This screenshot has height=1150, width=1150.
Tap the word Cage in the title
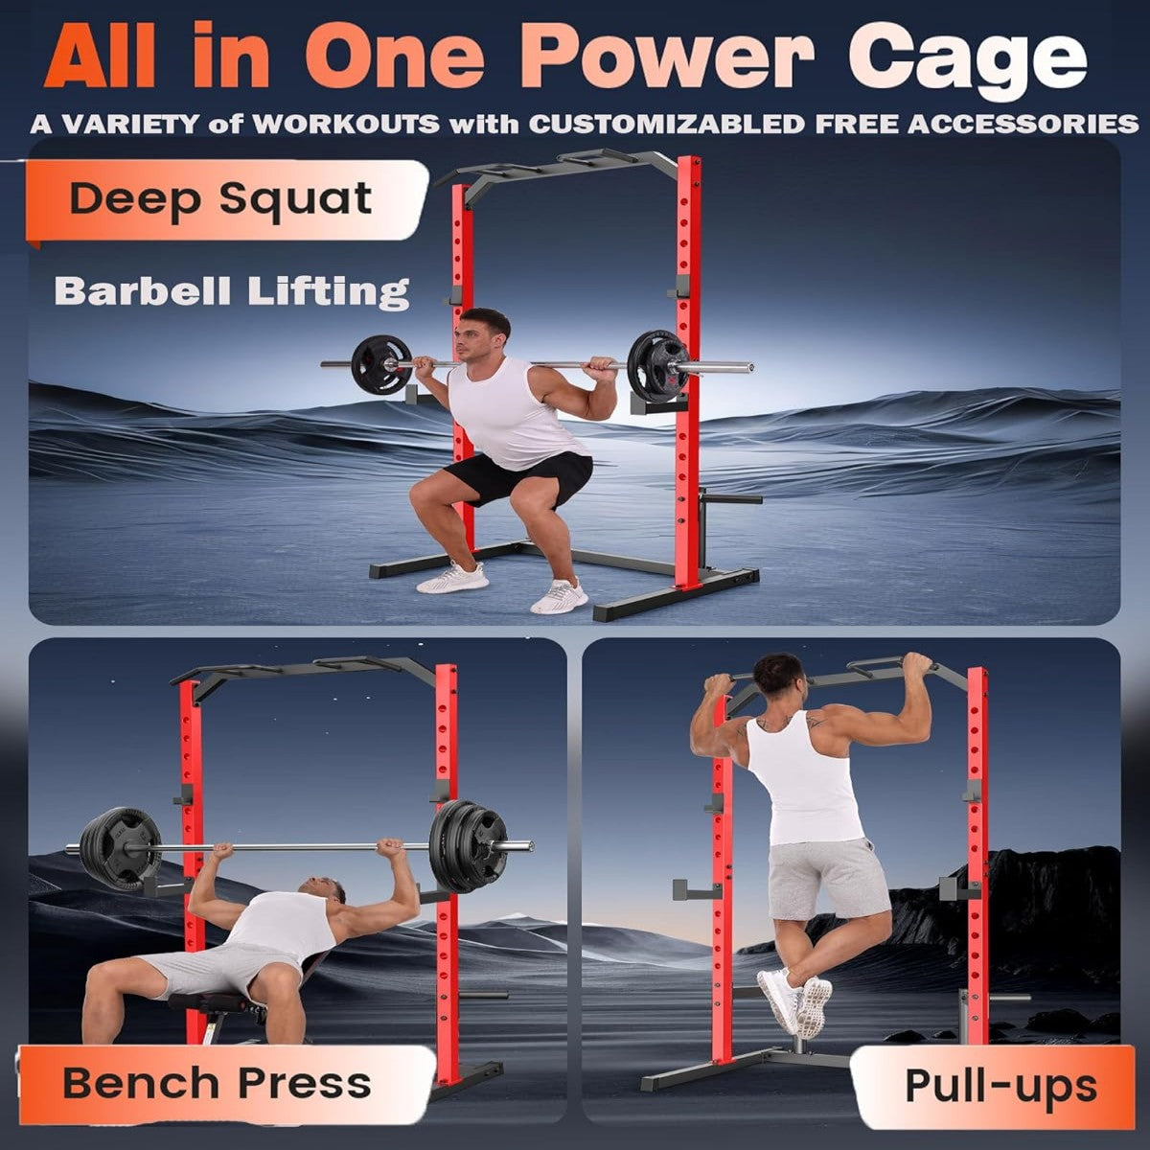coord(968,59)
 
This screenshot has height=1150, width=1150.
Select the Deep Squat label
coord(220,199)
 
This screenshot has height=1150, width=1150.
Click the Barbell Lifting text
coord(232,290)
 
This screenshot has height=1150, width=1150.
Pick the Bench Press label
coord(217,1084)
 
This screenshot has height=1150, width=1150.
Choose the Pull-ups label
coord(1000,1086)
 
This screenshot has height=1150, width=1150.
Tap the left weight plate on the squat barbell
coord(380,364)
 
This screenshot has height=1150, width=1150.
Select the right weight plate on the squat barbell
coord(657,365)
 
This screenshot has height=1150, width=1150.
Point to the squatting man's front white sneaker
coord(559,596)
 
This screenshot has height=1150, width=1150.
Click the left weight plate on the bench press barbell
coord(121,849)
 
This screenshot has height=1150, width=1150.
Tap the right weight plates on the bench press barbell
coord(467,846)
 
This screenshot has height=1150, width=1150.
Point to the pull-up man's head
coord(778,677)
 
